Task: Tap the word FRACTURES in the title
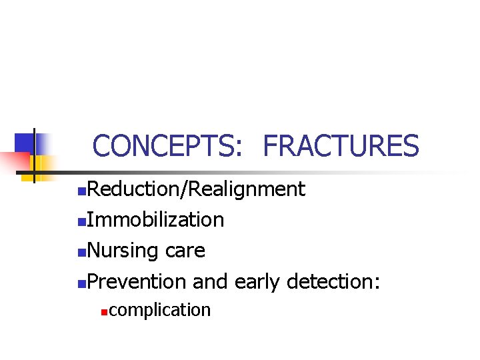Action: point(341,146)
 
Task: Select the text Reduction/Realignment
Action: point(196,190)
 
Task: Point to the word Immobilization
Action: point(155,220)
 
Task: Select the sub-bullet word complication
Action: point(159,310)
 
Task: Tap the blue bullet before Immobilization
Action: point(81,222)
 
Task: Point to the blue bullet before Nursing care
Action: point(81,253)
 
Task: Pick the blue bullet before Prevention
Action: point(81,283)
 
